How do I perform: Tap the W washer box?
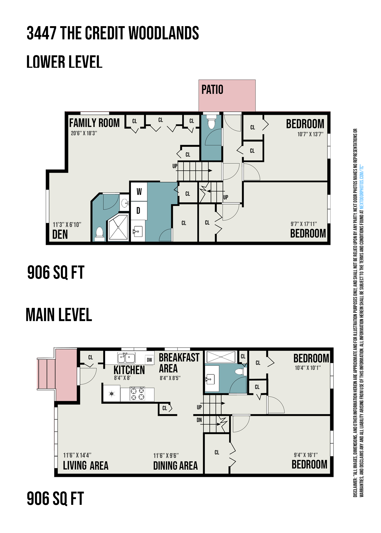click(x=139, y=192)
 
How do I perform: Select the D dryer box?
click(x=139, y=211)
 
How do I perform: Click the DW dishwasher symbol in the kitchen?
click(x=149, y=360)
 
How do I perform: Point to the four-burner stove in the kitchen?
click(x=137, y=394)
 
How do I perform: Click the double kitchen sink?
click(x=126, y=358)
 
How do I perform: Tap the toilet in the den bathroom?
click(x=100, y=234)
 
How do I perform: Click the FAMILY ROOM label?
click(x=94, y=123)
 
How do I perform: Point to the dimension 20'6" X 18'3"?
click(x=84, y=133)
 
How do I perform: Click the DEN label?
click(x=60, y=235)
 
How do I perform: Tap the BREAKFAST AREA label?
click(x=179, y=363)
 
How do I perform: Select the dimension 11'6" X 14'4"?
click(x=77, y=455)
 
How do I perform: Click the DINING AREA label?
click(x=176, y=466)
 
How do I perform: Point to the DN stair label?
click(x=199, y=420)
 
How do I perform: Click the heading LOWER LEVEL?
click(x=64, y=62)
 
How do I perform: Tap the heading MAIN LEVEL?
click(x=59, y=315)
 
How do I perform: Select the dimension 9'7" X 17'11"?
click(x=304, y=224)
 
